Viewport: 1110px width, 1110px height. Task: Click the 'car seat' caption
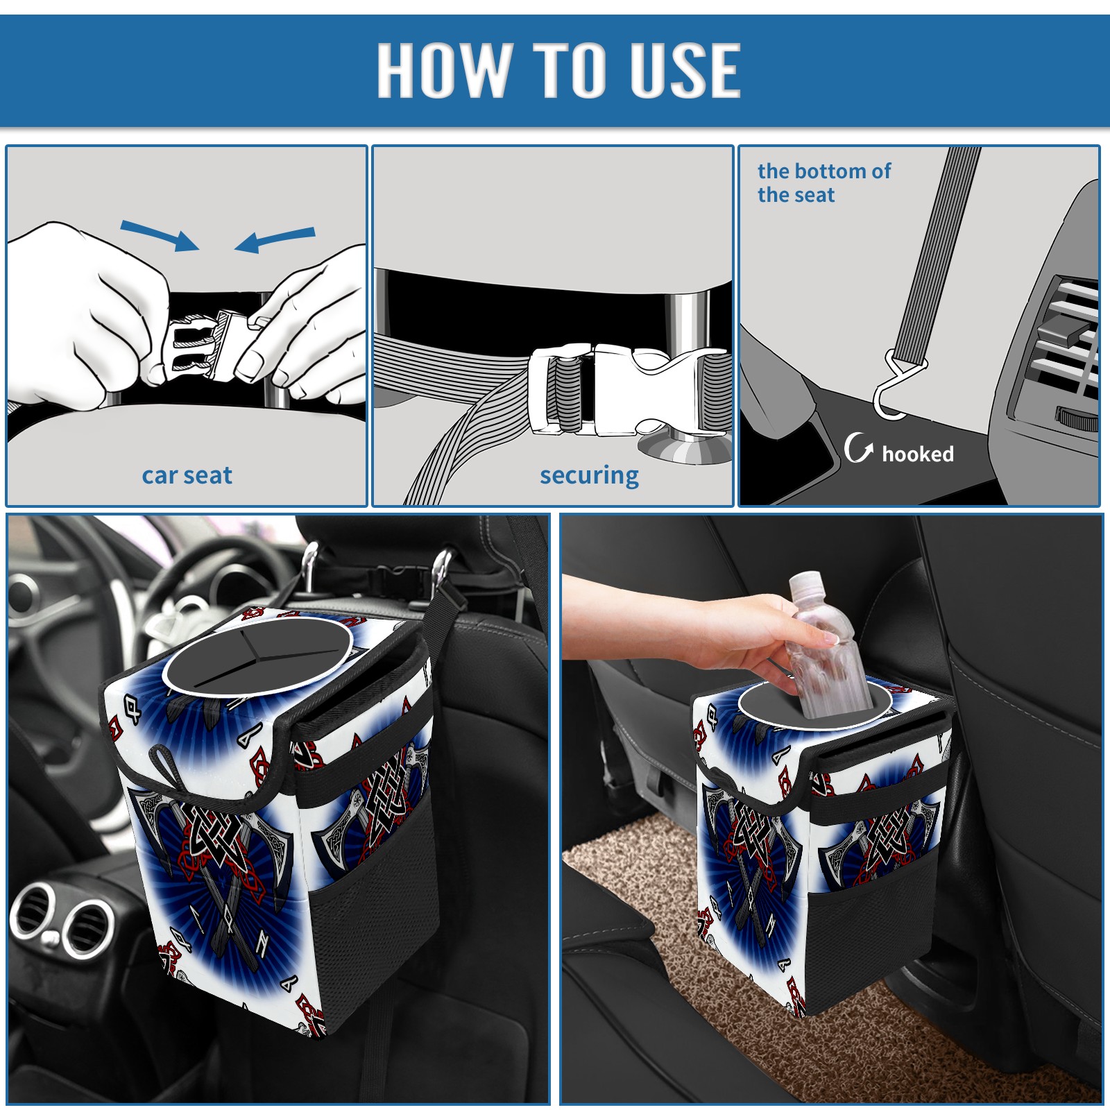[x=187, y=475]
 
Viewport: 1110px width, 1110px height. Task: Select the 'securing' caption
[x=589, y=475]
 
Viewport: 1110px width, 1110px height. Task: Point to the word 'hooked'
[x=918, y=454]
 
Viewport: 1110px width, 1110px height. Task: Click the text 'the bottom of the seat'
[x=824, y=182]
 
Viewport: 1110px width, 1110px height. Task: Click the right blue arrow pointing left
[x=275, y=240]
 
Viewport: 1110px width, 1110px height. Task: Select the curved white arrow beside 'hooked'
[x=858, y=447]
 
